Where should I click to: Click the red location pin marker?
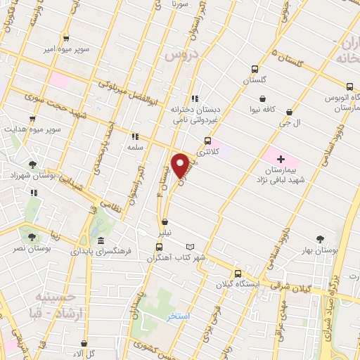181,165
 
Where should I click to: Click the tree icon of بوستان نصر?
32,237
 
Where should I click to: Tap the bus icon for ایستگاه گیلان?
238,274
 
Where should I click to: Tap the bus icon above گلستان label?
255,70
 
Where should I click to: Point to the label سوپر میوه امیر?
65,50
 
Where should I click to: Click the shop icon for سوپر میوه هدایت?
32,119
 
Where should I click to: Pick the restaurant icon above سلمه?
134,136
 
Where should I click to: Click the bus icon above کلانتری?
207,140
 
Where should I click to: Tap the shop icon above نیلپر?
165,221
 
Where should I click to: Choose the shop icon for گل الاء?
84,344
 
